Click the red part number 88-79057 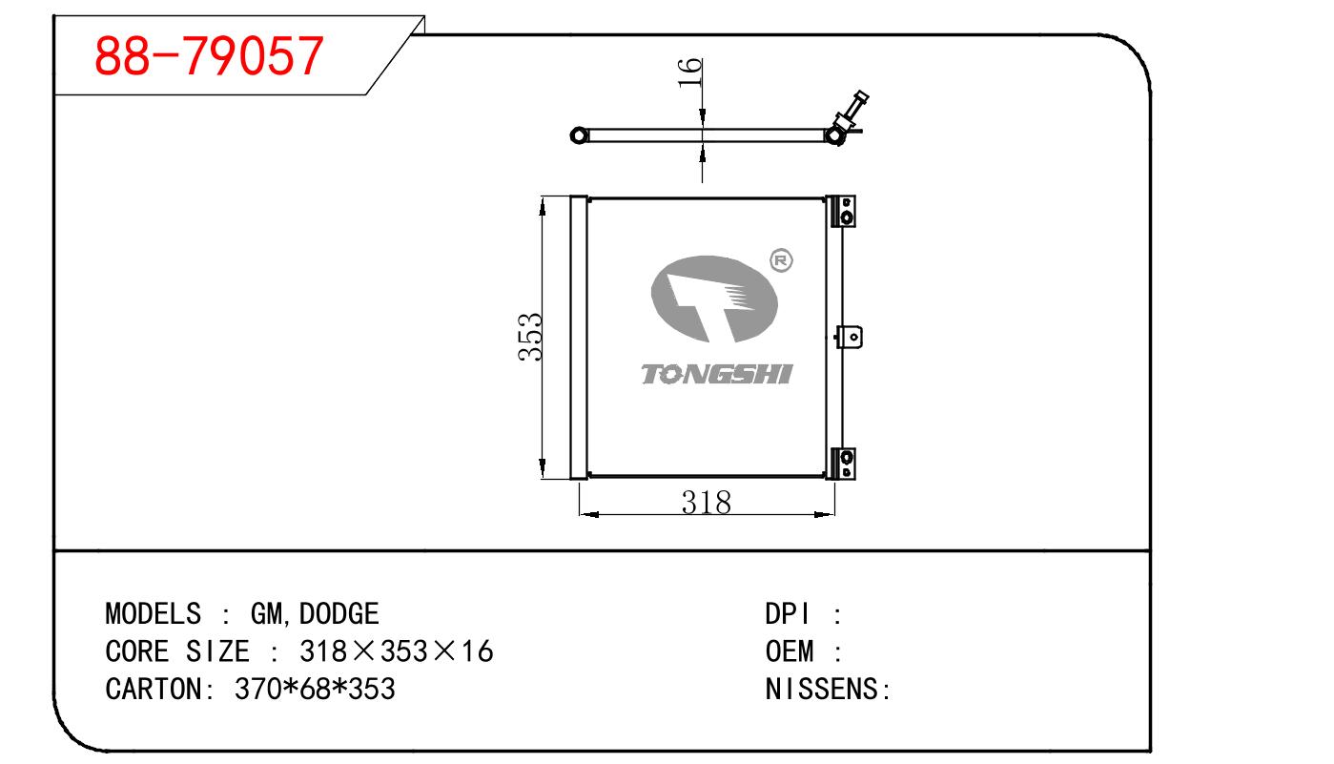(x=209, y=56)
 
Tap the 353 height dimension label (x=530, y=337)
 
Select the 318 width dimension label (x=707, y=503)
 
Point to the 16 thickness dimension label (x=690, y=72)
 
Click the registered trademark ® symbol (x=781, y=260)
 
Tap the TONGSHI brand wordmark (x=716, y=375)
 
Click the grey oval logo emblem (x=714, y=299)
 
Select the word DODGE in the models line (x=339, y=614)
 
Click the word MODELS (x=154, y=614)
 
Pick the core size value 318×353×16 (x=397, y=651)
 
